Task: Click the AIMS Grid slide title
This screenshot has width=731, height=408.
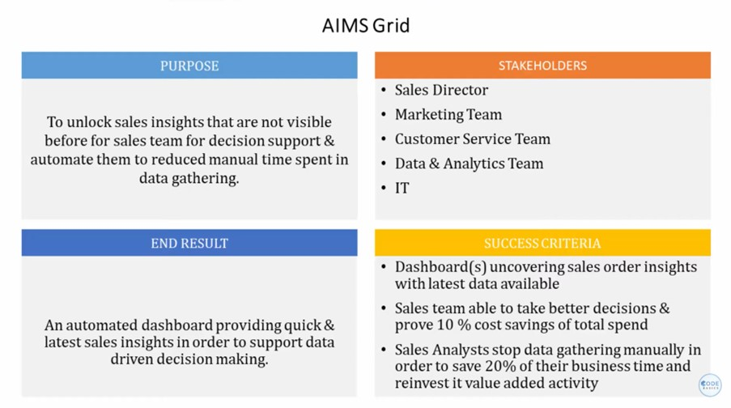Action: (x=365, y=25)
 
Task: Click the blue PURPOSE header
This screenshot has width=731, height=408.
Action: (x=189, y=66)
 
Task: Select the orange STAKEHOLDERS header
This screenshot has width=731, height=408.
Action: (x=542, y=66)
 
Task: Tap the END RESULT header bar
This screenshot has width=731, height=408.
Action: (x=189, y=243)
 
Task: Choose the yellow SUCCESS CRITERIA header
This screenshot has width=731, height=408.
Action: (x=542, y=243)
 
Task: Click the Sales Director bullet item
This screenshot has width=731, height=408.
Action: (x=441, y=90)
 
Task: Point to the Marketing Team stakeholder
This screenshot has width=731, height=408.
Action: (x=448, y=114)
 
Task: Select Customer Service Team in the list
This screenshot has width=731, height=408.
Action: (x=472, y=139)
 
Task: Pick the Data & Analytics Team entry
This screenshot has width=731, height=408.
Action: (x=469, y=164)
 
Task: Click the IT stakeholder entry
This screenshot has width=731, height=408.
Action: (x=402, y=188)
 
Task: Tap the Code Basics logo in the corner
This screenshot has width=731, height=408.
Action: (x=710, y=385)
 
